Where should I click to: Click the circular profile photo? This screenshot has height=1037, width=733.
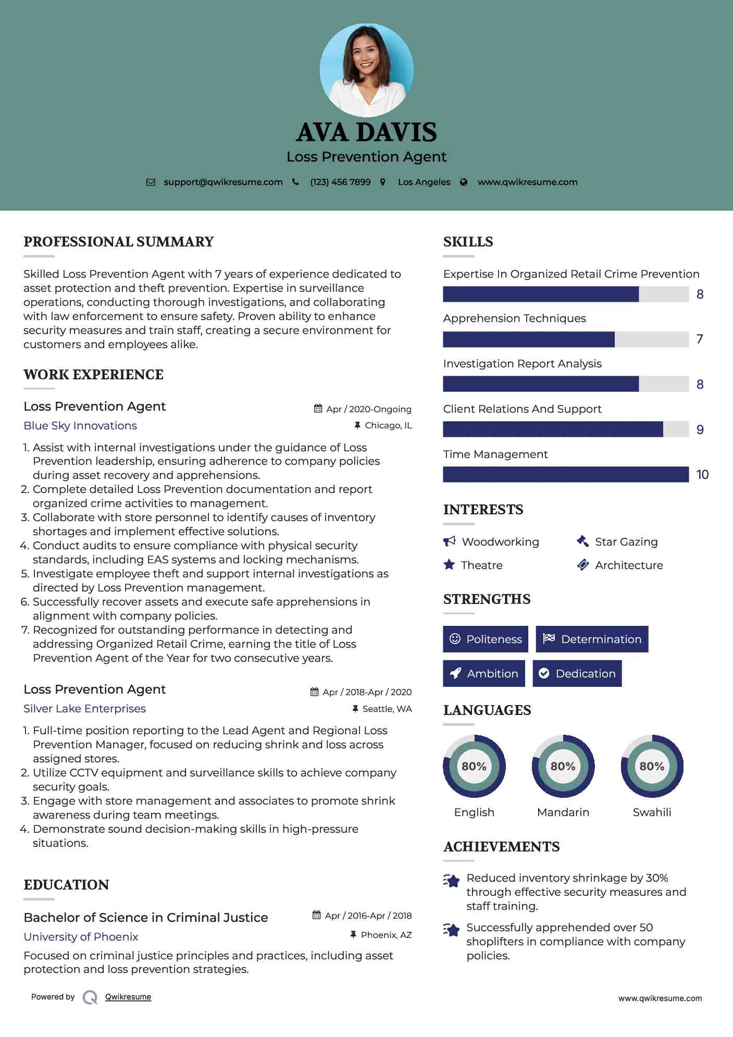point(366,70)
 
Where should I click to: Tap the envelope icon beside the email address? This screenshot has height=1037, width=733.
point(151,182)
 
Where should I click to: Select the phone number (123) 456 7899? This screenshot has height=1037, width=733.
point(340,182)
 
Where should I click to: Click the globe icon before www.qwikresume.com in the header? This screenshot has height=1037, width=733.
point(464,182)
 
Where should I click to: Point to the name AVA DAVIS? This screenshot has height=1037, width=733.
point(366,132)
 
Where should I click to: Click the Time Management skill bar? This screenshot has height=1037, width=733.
point(566,475)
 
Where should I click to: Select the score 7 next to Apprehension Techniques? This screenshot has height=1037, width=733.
point(700,339)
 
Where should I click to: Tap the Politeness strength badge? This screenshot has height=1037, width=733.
point(485,639)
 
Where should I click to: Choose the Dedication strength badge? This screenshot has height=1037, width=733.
point(577,674)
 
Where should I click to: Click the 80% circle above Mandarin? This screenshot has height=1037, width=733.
point(563,767)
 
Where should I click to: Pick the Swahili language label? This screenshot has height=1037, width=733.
point(652,812)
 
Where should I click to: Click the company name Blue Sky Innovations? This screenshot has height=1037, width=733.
point(80,426)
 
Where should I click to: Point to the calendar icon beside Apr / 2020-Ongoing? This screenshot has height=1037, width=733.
point(318,409)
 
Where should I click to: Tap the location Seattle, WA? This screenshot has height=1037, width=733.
point(387,709)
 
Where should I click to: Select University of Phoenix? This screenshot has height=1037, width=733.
point(81,937)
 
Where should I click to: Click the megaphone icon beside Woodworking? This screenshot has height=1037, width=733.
point(449,541)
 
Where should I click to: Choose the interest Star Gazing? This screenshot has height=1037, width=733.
point(626,542)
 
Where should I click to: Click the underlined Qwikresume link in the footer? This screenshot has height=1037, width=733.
point(128,997)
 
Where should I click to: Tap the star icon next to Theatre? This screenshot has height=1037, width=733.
point(449,565)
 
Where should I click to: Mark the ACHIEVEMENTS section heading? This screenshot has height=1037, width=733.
point(501,847)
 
